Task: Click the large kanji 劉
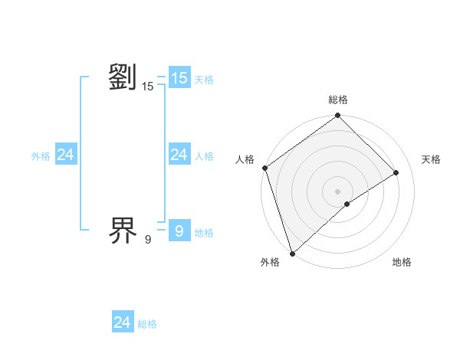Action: click(x=123, y=78)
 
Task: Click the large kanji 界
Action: click(x=123, y=229)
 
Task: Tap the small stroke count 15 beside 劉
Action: click(x=148, y=87)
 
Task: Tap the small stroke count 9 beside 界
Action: click(x=148, y=239)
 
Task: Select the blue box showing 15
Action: click(x=179, y=78)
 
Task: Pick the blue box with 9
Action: click(x=179, y=230)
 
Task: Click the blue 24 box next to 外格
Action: click(x=65, y=155)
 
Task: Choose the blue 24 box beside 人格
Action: click(x=179, y=155)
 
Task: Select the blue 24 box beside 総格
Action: click(x=122, y=322)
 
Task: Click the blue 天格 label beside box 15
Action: click(x=204, y=80)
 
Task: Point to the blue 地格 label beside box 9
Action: click(x=204, y=233)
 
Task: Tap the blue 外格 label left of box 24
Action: click(x=41, y=156)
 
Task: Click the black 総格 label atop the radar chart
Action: click(x=338, y=100)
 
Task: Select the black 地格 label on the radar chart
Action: click(x=402, y=263)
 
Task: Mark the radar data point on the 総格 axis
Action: click(x=338, y=116)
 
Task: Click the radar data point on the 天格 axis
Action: click(x=396, y=172)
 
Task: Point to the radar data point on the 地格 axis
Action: click(x=347, y=204)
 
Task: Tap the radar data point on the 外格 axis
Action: click(x=292, y=253)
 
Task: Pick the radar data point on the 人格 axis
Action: click(x=264, y=168)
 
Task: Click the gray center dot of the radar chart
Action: click(x=338, y=191)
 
